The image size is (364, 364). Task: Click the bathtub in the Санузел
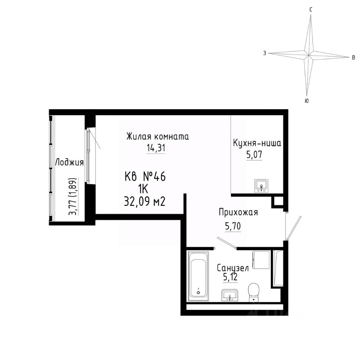[198, 276]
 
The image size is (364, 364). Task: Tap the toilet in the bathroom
[253, 292]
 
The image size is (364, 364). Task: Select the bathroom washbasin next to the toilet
[229, 295]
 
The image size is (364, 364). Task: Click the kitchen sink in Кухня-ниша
[261, 186]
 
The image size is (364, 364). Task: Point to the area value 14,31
[156, 147]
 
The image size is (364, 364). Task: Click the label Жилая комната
[158, 136]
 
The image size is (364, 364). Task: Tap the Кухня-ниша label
[257, 143]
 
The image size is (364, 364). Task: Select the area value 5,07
[254, 154]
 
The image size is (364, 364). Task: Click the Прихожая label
[238, 212]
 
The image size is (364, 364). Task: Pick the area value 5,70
[233, 226]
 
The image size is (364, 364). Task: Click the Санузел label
[232, 268]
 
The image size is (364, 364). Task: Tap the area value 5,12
[230, 277]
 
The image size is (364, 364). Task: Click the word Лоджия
[69, 163]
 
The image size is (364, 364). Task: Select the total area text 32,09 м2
[144, 201]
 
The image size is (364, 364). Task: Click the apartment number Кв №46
[145, 177]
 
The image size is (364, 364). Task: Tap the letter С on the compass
[311, 9]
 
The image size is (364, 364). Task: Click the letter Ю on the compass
[306, 101]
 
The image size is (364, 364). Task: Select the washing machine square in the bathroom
[261, 260]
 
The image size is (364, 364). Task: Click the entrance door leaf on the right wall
[293, 228]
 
